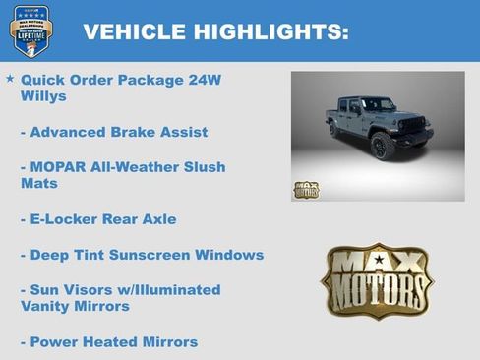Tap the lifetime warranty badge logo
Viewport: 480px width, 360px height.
28,31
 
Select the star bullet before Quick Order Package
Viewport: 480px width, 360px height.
10,78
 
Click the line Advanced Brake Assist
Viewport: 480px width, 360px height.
113,132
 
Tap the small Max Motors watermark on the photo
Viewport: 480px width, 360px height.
306,189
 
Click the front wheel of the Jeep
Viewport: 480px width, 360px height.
383,146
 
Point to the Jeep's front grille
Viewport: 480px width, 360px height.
414,128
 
